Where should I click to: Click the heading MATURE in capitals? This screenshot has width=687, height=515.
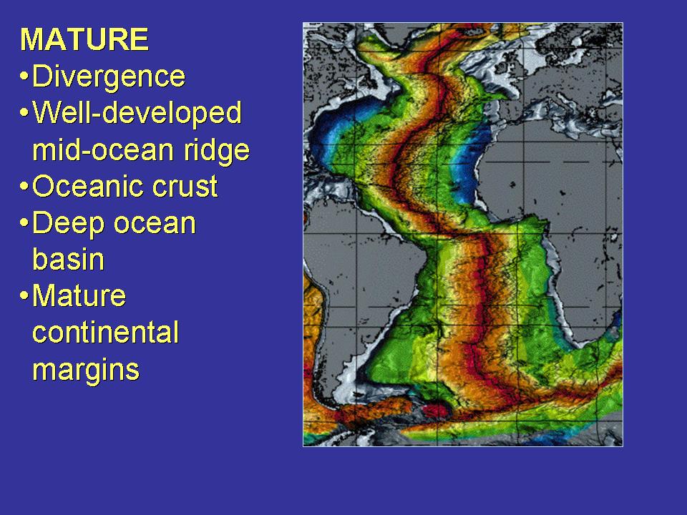click(84, 39)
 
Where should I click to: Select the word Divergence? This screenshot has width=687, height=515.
click(109, 77)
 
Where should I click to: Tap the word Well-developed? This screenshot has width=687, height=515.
click(137, 114)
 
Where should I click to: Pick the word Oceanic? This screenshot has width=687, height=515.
click(87, 187)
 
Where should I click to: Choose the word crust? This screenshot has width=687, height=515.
click(185, 187)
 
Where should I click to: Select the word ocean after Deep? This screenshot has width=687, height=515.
click(155, 224)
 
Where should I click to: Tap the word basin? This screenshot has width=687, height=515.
click(69, 259)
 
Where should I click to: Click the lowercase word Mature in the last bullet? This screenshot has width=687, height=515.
click(79, 295)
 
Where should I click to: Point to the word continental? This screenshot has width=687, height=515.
click(106, 333)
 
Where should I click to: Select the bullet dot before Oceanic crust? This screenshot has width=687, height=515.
click(24, 187)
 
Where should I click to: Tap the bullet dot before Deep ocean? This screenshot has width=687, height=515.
click(24, 223)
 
